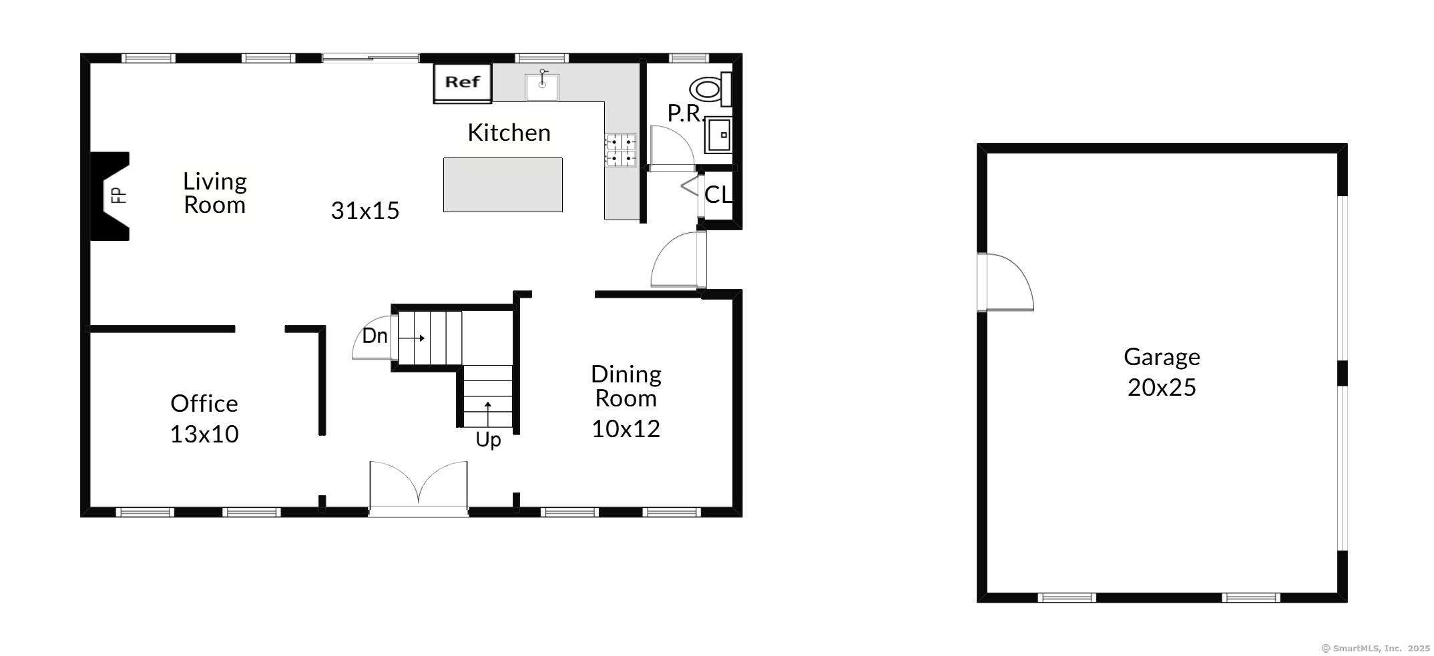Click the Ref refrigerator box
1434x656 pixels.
pyautogui.click(x=463, y=83)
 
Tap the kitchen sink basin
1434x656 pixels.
pyautogui.click(x=541, y=87)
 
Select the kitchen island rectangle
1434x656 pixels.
pyautogui.click(x=503, y=185)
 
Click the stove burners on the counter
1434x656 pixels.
pyautogui.click(x=620, y=150)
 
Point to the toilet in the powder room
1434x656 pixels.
pyautogui.click(x=710, y=89)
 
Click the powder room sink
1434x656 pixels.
pyautogui.click(x=719, y=135)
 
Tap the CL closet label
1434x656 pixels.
pyautogui.click(x=718, y=194)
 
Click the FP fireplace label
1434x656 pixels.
pyautogui.click(x=118, y=195)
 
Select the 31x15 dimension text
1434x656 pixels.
pyautogui.click(x=365, y=210)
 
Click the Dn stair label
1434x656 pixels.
pyautogui.click(x=375, y=336)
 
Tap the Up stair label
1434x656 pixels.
pyautogui.click(x=488, y=440)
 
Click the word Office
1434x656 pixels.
pyautogui.click(x=204, y=403)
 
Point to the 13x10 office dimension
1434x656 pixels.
pyautogui.click(x=204, y=434)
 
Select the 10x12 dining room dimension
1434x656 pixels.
pyautogui.click(x=626, y=428)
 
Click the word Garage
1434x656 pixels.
pyautogui.click(x=1162, y=358)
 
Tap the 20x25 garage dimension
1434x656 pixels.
pyautogui.click(x=1162, y=387)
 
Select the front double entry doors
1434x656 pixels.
pyautogui.click(x=419, y=488)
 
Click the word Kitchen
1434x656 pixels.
pyautogui.click(x=509, y=132)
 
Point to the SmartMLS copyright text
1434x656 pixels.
pyautogui.click(x=1376, y=648)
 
